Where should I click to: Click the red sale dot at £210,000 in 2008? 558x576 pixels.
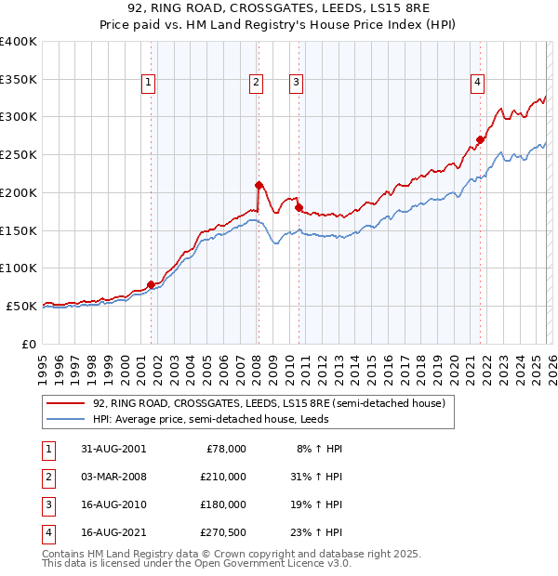click(259, 184)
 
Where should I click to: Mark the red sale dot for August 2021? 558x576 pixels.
click(480, 139)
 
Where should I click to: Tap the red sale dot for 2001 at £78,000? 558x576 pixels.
click(152, 284)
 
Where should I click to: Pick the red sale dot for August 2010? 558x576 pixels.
click(299, 207)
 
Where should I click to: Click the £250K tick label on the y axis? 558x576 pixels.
click(18, 154)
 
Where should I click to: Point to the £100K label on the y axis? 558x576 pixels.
click(18, 268)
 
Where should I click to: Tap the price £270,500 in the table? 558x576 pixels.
click(222, 532)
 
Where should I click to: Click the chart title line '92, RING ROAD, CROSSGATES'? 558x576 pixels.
click(278, 10)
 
